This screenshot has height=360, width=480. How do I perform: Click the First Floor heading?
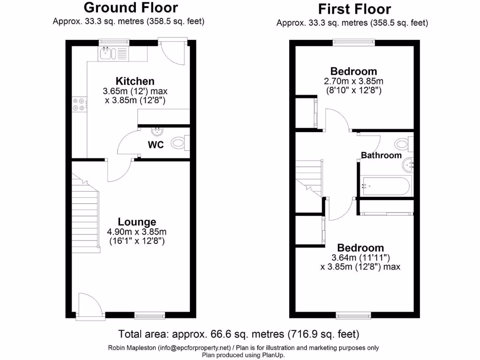(x=354, y=9)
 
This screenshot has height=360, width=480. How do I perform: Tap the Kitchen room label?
(x=135, y=81)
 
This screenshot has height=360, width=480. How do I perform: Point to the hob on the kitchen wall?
(x=79, y=104)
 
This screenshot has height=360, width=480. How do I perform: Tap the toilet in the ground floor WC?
(x=180, y=142)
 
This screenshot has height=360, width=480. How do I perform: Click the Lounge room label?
(x=137, y=222)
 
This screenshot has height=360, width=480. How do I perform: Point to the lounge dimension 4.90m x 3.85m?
(x=137, y=232)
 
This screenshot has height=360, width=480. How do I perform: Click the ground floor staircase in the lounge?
(x=85, y=213)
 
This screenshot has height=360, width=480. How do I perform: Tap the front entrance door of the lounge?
(x=89, y=307)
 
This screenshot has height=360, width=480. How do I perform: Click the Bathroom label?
(x=381, y=155)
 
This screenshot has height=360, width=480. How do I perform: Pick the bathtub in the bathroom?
(x=384, y=186)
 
